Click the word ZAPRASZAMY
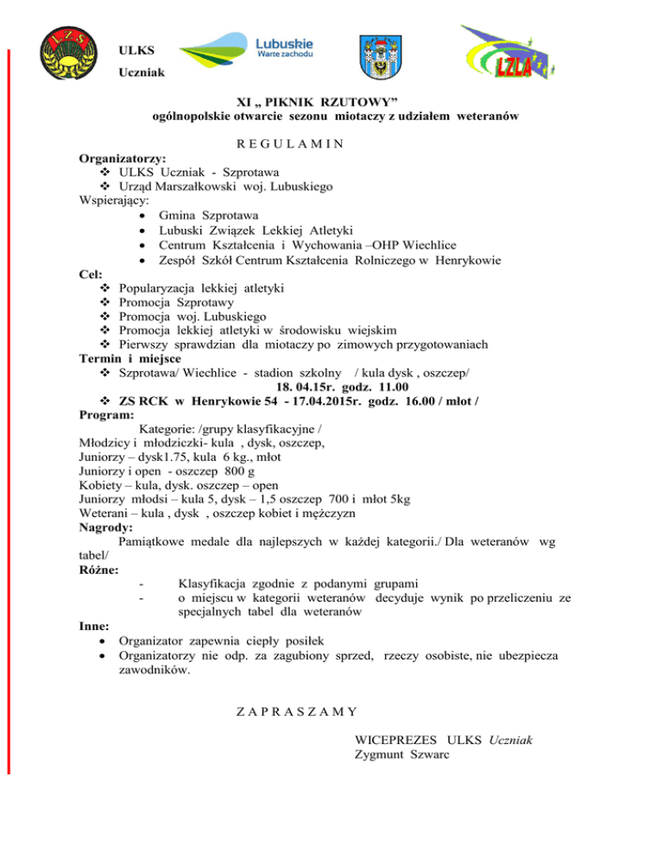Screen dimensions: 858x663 point(298,713)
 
